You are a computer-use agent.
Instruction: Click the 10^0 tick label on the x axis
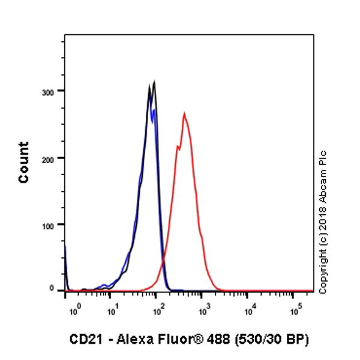[x=74, y=311]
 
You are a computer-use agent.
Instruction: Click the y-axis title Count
[x=24, y=162]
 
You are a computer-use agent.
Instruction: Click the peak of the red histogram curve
[x=184, y=113]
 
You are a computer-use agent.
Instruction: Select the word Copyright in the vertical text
[x=323, y=272]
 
